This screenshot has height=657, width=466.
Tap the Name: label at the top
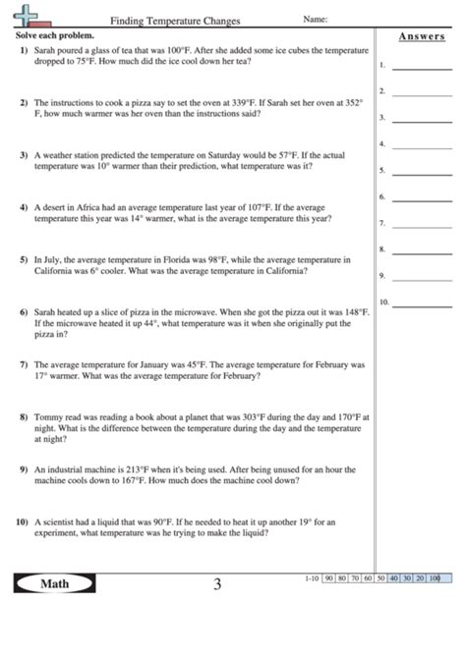coord(315,19)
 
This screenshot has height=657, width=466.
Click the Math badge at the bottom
coord(55,584)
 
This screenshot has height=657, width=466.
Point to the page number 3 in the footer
coord(217,585)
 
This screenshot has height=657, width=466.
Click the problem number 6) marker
coord(23,312)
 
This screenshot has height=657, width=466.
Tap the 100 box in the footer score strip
coord(434,578)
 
